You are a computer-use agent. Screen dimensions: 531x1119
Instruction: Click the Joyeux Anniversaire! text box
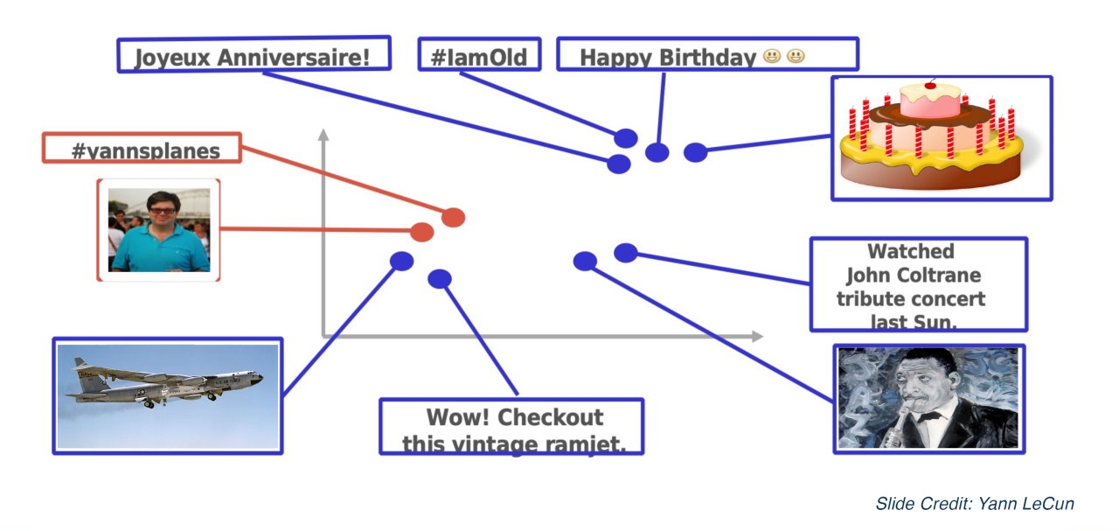pos(253,57)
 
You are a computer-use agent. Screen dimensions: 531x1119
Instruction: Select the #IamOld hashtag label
pos(479,57)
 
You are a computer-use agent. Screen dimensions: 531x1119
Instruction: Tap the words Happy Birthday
pos(668,58)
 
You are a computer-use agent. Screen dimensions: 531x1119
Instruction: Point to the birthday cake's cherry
pos(929,85)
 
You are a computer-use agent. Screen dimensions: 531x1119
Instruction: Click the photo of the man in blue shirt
pos(158,229)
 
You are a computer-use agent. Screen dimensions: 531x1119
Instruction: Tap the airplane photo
pos(167,395)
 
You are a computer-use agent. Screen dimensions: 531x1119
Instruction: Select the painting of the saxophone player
pos(928,398)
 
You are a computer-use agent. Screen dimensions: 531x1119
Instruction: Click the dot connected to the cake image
pos(695,153)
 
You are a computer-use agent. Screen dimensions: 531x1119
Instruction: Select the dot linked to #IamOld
pos(625,138)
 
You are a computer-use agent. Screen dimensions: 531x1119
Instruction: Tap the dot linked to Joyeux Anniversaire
pos(619,164)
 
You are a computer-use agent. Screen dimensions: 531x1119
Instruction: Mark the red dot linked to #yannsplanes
pos(453,218)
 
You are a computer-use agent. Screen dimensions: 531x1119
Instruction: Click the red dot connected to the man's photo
pos(422,232)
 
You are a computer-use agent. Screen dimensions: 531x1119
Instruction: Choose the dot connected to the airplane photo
pos(401,261)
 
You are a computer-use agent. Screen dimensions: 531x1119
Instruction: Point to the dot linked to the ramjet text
pos(440,279)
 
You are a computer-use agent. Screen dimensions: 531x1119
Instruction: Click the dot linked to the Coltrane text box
pos(625,253)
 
